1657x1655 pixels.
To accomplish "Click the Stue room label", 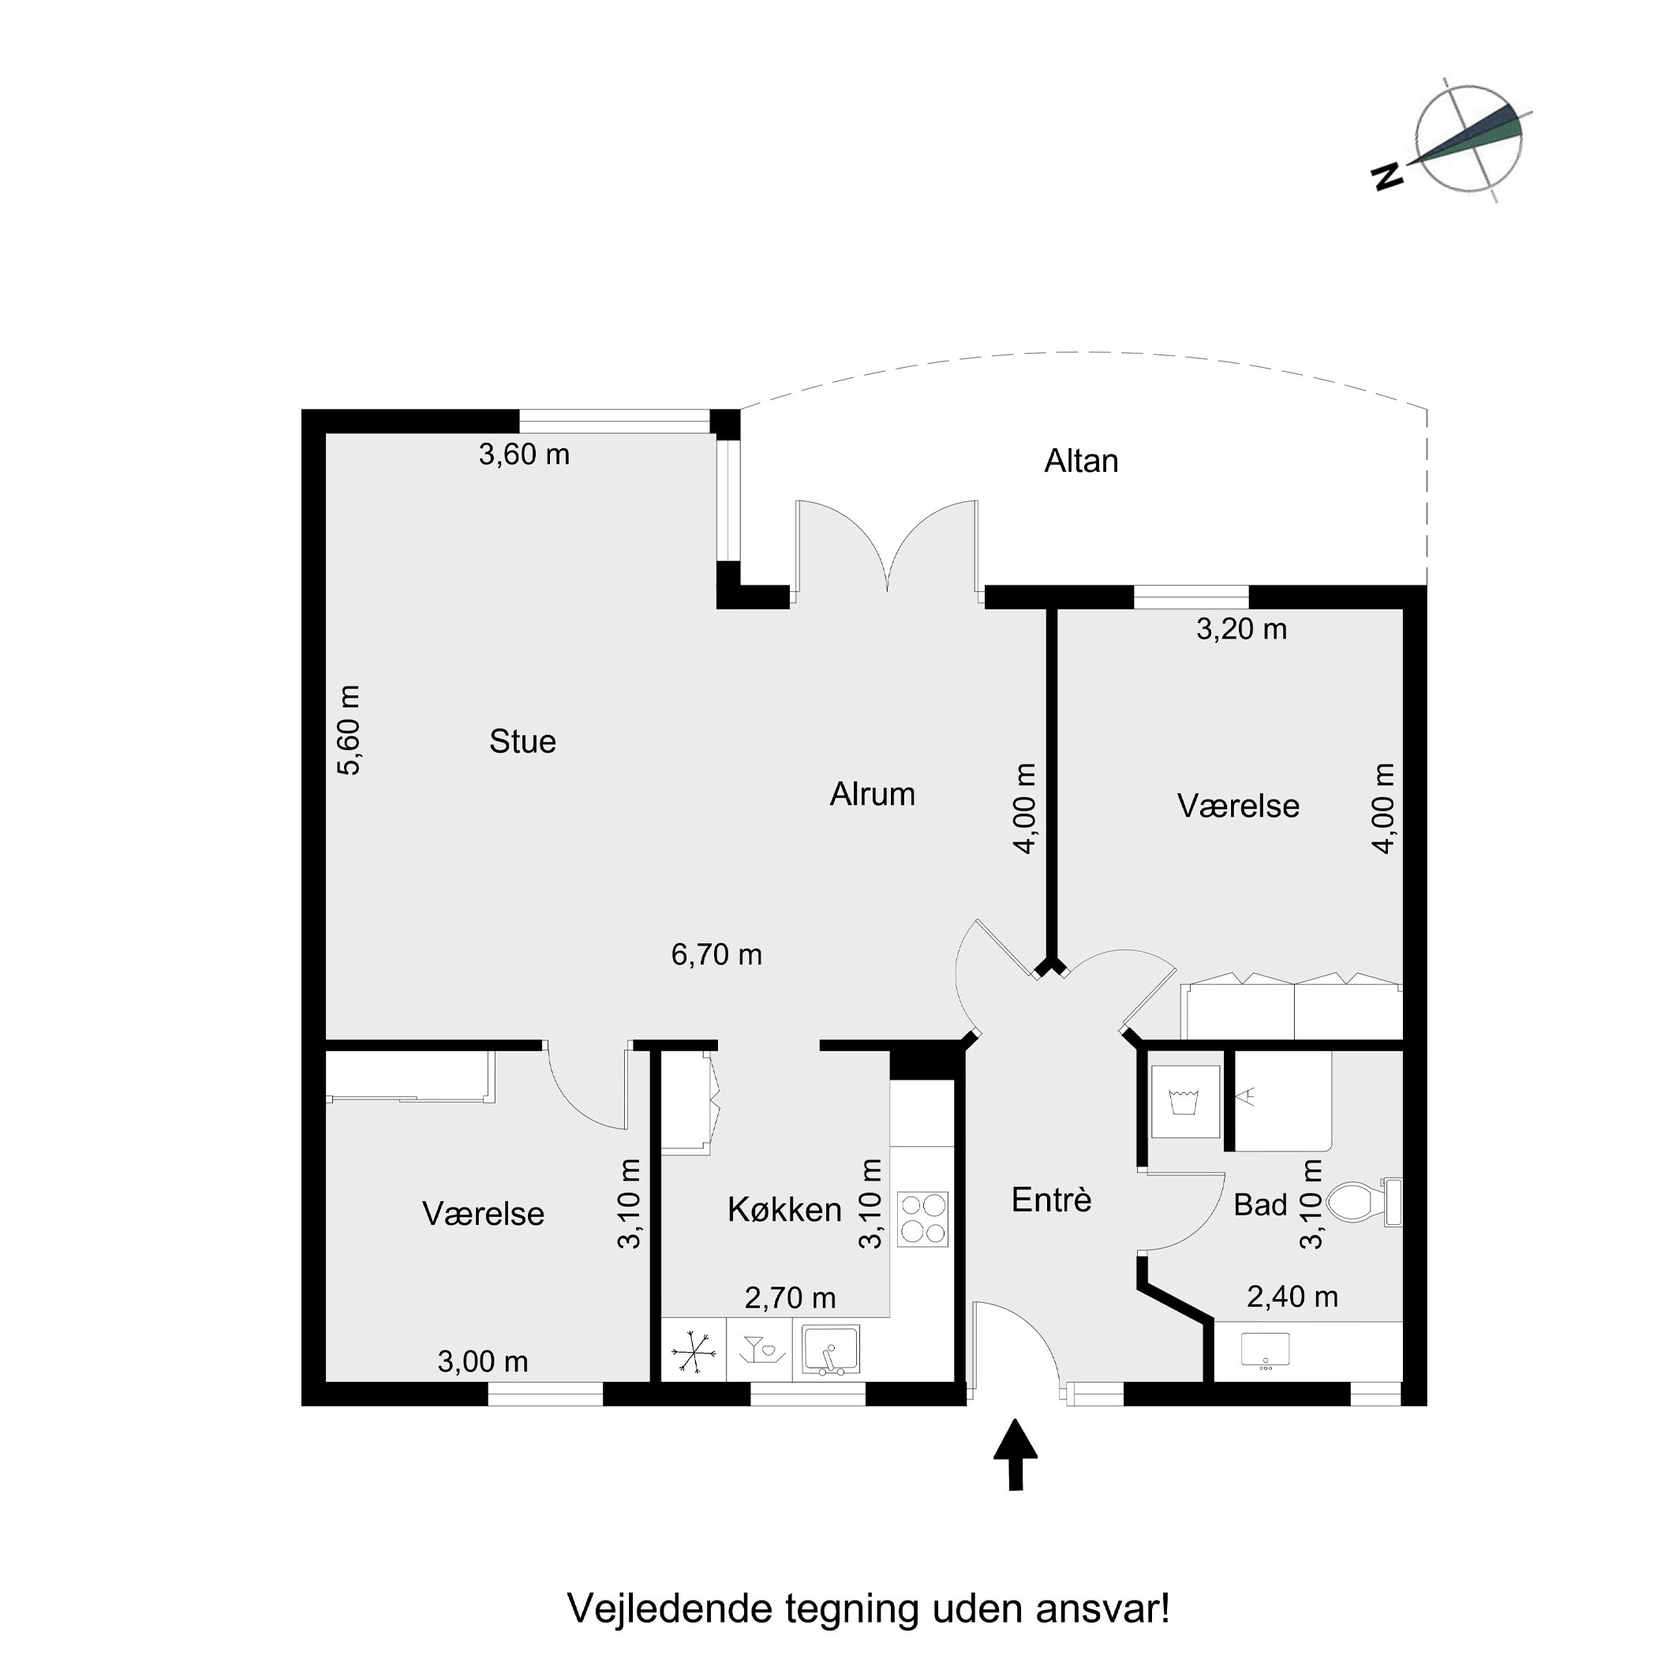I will [x=522, y=741].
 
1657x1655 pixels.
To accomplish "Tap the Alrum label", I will [x=872, y=794].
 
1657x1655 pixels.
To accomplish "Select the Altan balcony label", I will [x=1081, y=462].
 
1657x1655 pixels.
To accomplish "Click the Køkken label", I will [x=784, y=1210].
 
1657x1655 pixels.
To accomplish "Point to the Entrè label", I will [x=1051, y=1200].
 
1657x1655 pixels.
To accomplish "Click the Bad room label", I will [x=1260, y=1204].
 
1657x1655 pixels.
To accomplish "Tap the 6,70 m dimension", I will [x=716, y=954].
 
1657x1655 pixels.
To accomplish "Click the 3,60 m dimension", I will [x=524, y=454].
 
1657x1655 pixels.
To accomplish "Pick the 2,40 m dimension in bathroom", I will [x=1292, y=1297].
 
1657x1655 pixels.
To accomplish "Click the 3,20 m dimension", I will [x=1241, y=629].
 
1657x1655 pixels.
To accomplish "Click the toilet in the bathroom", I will [x=1360, y=1202].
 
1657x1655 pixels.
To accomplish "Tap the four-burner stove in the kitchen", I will [x=922, y=1219].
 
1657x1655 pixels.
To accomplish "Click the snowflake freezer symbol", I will [x=693, y=1353].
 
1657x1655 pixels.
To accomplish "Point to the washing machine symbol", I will [x=1184, y=1102].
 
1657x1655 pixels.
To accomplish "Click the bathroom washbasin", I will [x=1265, y=1350].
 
